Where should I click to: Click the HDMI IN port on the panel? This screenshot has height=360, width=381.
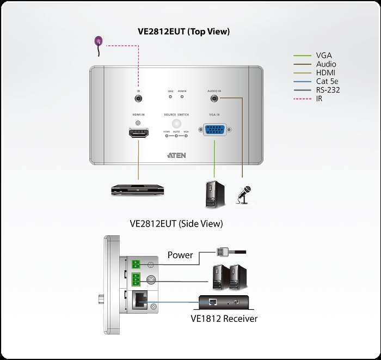(138, 133)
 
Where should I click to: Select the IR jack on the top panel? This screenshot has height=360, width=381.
(138, 99)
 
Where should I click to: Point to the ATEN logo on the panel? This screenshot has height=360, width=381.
(176, 155)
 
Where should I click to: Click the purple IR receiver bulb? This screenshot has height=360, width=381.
(99, 41)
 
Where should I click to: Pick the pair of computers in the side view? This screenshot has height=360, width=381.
(229, 276)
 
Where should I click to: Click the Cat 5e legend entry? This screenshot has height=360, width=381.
(328, 81)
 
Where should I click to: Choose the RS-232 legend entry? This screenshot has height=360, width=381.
(328, 90)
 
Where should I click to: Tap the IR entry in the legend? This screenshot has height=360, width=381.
(319, 99)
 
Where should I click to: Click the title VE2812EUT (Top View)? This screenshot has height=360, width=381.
(184, 32)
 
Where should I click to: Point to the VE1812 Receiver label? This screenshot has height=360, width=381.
(221, 318)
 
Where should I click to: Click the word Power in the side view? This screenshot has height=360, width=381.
(180, 254)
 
